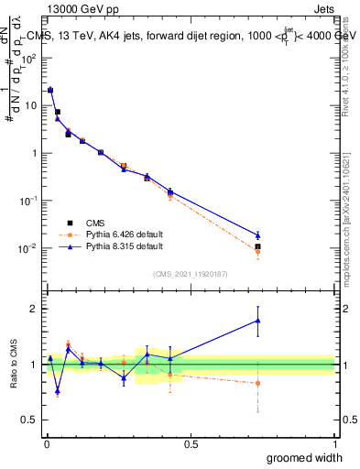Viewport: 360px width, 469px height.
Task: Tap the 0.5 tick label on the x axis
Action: tap(190, 442)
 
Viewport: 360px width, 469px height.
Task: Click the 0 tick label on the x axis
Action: tap(46, 442)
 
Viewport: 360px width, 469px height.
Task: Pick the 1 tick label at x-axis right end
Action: tap(334, 442)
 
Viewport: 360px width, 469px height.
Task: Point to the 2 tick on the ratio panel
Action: tap(35, 309)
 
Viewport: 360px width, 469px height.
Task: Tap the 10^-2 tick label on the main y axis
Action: tap(29, 248)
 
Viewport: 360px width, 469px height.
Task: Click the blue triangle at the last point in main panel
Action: tap(258, 235)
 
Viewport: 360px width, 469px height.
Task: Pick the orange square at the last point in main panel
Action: tap(258, 251)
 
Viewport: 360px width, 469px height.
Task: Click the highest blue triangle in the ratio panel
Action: tap(258, 321)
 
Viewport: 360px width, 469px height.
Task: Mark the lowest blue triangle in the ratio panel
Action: tap(58, 390)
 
